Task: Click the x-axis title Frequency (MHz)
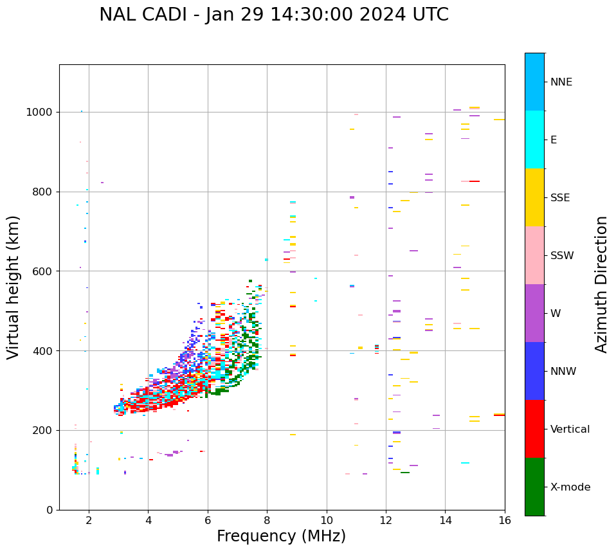[281, 536]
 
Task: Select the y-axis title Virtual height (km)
[14, 287]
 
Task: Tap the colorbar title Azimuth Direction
[601, 284]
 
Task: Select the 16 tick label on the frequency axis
[505, 520]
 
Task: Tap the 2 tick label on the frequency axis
[89, 520]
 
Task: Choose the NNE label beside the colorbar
[561, 82]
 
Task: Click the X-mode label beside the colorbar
[570, 487]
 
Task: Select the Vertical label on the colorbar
[570, 429]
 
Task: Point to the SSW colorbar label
[562, 256]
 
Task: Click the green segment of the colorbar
[534, 487]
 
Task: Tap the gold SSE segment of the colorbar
[534, 197]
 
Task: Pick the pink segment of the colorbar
[534, 255]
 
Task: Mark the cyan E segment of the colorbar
[534, 140]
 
